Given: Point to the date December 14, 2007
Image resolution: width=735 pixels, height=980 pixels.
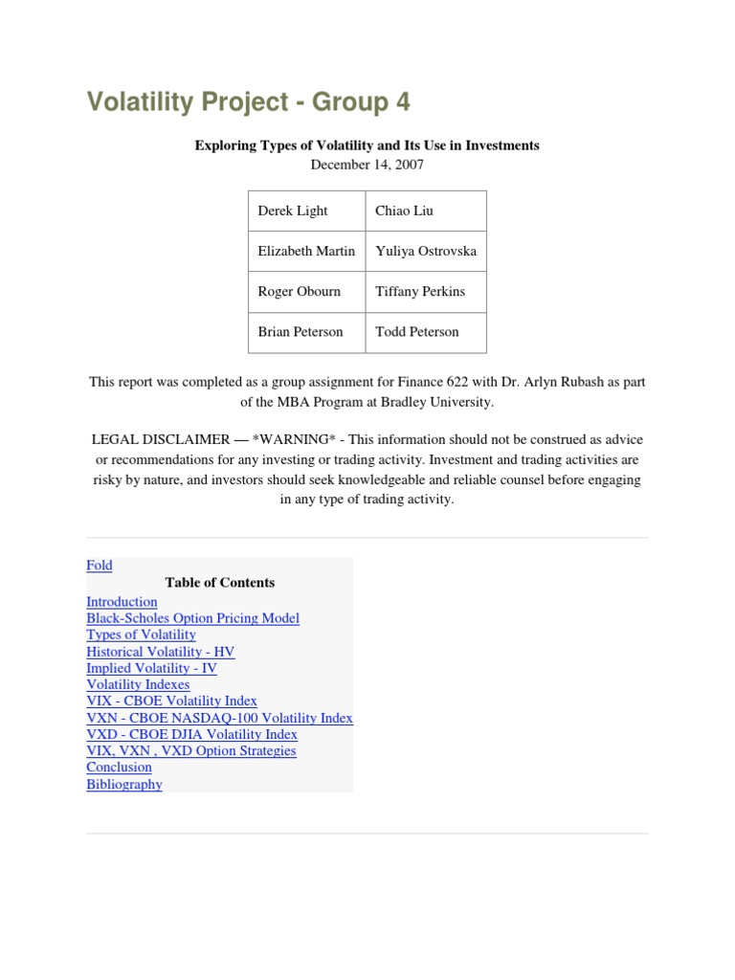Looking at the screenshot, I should pos(367,164).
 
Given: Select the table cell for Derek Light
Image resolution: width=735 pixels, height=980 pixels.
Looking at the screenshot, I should pos(293,211).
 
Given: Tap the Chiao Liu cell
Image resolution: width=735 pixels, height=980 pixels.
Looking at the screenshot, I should pos(404,211).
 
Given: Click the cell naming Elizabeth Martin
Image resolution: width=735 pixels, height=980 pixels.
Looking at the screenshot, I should pos(306,251).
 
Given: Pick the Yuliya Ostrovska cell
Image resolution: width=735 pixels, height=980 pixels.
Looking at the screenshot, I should pos(426,251).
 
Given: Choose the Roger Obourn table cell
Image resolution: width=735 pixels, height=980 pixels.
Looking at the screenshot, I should pos(299,291).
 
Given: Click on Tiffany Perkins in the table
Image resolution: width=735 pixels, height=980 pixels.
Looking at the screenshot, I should pos(420,291).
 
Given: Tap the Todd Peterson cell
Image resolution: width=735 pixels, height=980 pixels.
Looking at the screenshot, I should pos(417,331).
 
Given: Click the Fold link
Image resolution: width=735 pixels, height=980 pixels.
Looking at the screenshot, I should pos(100,566).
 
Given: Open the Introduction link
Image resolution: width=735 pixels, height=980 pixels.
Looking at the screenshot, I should pos(122,602).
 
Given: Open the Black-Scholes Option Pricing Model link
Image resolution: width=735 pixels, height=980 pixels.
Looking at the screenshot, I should pos(192,618).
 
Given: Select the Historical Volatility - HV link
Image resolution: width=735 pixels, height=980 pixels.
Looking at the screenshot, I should pos(160,652).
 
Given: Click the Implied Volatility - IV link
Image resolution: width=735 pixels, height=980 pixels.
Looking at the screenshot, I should pos(151,668).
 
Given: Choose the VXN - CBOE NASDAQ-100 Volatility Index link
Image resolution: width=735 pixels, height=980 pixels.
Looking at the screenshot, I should pos(219,718).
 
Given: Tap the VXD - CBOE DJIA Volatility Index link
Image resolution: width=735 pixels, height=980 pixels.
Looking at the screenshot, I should pos(191,734).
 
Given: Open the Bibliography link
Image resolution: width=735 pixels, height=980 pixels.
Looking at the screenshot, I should pos(124,785).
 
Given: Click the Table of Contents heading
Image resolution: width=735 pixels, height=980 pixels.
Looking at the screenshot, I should pos(219,582).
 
